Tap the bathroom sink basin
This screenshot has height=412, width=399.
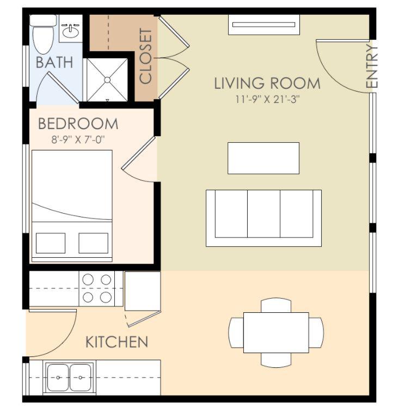[70, 32]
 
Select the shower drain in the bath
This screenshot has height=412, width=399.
[107, 80]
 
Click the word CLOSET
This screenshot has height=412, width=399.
[145, 56]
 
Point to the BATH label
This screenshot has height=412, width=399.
[54, 63]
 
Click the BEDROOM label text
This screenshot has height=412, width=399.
[78, 124]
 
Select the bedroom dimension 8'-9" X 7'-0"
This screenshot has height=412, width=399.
[78, 140]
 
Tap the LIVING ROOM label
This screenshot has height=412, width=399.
[267, 83]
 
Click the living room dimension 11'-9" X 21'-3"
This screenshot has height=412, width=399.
[267, 99]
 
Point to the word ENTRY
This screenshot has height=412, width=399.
[372, 66]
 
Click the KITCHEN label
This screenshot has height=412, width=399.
[117, 342]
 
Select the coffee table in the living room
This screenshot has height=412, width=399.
[263, 158]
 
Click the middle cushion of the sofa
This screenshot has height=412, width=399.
[263, 214]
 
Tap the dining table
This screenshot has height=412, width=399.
[276, 332]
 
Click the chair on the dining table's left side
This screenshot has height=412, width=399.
[236, 332]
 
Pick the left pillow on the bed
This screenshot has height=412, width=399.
[51, 243]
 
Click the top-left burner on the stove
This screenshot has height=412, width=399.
[88, 280]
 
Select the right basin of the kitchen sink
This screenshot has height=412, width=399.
[81, 377]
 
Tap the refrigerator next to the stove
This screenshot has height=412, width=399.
[143, 291]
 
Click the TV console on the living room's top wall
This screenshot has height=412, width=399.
[264, 25]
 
